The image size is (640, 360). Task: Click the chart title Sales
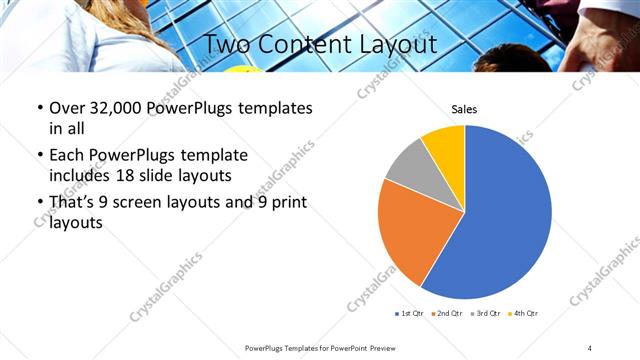click(464, 110)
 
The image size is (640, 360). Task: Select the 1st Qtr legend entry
click(410, 314)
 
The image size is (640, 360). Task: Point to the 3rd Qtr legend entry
click(485, 314)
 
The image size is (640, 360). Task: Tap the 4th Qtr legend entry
click(524, 314)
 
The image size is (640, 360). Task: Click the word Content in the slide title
click(318, 44)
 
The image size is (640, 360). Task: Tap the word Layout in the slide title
click(400, 44)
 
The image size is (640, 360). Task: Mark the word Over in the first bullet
click(67, 108)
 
